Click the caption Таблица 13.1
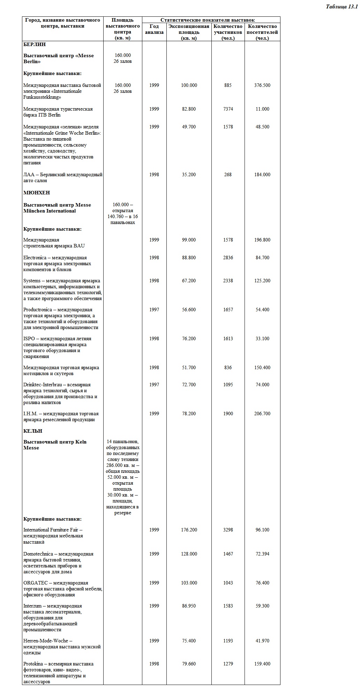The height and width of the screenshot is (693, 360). [x=341, y=7]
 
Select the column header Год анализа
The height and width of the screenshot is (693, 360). [x=154, y=29]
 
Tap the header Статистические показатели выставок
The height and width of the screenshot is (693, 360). [x=207, y=20]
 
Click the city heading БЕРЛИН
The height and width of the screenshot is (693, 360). [x=35, y=44]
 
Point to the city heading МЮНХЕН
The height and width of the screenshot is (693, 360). [x=37, y=193]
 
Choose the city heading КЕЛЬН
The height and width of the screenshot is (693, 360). [x=33, y=431]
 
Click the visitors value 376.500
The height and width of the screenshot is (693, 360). [x=262, y=85]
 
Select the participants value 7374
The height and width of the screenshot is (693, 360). [x=228, y=109]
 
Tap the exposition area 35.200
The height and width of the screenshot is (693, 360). [x=189, y=174]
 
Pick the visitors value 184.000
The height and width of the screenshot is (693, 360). [x=262, y=174]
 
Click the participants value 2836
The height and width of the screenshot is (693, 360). [x=228, y=258]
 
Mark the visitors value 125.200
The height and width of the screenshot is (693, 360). [x=262, y=281]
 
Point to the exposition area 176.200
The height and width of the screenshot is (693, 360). [x=189, y=530]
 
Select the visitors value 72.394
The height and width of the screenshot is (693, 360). [x=262, y=554]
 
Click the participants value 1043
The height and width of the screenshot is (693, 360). [x=228, y=583]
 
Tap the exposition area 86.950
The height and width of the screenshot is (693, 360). [x=189, y=606]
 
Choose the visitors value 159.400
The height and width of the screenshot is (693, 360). [x=262, y=664]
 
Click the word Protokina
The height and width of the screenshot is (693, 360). [x=34, y=664]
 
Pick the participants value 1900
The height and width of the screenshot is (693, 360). [x=228, y=413]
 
